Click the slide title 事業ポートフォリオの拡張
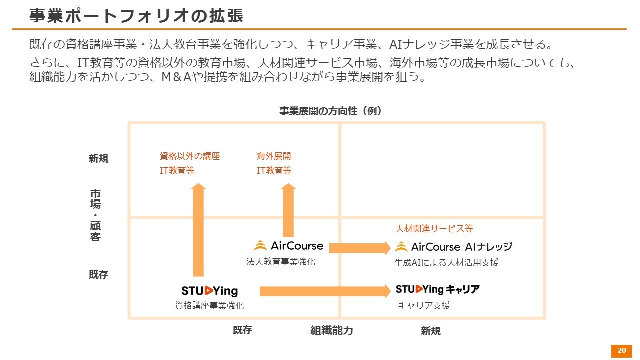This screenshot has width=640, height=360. (136, 15)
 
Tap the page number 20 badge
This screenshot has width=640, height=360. (621, 351)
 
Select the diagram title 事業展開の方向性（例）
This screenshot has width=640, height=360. (330, 111)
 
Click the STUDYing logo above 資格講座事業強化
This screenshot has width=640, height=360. (209, 291)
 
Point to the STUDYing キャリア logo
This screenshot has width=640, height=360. (437, 290)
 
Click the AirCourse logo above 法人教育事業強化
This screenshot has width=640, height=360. (289, 246)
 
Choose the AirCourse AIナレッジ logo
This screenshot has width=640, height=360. (453, 247)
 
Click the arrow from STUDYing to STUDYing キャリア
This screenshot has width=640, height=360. (325, 291)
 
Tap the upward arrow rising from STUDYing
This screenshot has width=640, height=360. (198, 230)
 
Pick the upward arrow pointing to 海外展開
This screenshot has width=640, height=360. (288, 210)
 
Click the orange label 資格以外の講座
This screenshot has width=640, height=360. (190, 156)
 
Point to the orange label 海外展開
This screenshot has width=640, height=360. (274, 156)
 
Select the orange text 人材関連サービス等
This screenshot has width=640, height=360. (434, 229)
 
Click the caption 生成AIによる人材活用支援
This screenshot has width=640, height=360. (446, 263)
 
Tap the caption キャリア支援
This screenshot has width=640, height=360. (424, 306)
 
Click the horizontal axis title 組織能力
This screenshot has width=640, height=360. (331, 330)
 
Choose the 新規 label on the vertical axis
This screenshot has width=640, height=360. (98, 159)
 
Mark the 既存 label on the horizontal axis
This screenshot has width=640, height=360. (242, 330)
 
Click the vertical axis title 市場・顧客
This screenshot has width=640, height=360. (95, 215)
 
